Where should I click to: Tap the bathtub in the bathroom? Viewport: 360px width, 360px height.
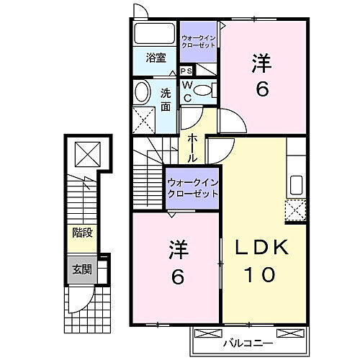pos(155,34)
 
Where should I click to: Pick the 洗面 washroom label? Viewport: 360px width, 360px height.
pos(166,99)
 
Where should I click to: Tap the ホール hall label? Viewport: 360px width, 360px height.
pos(193,147)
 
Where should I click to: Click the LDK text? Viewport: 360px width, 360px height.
pos(264,247)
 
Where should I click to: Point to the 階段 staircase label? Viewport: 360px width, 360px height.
pos(81,233)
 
